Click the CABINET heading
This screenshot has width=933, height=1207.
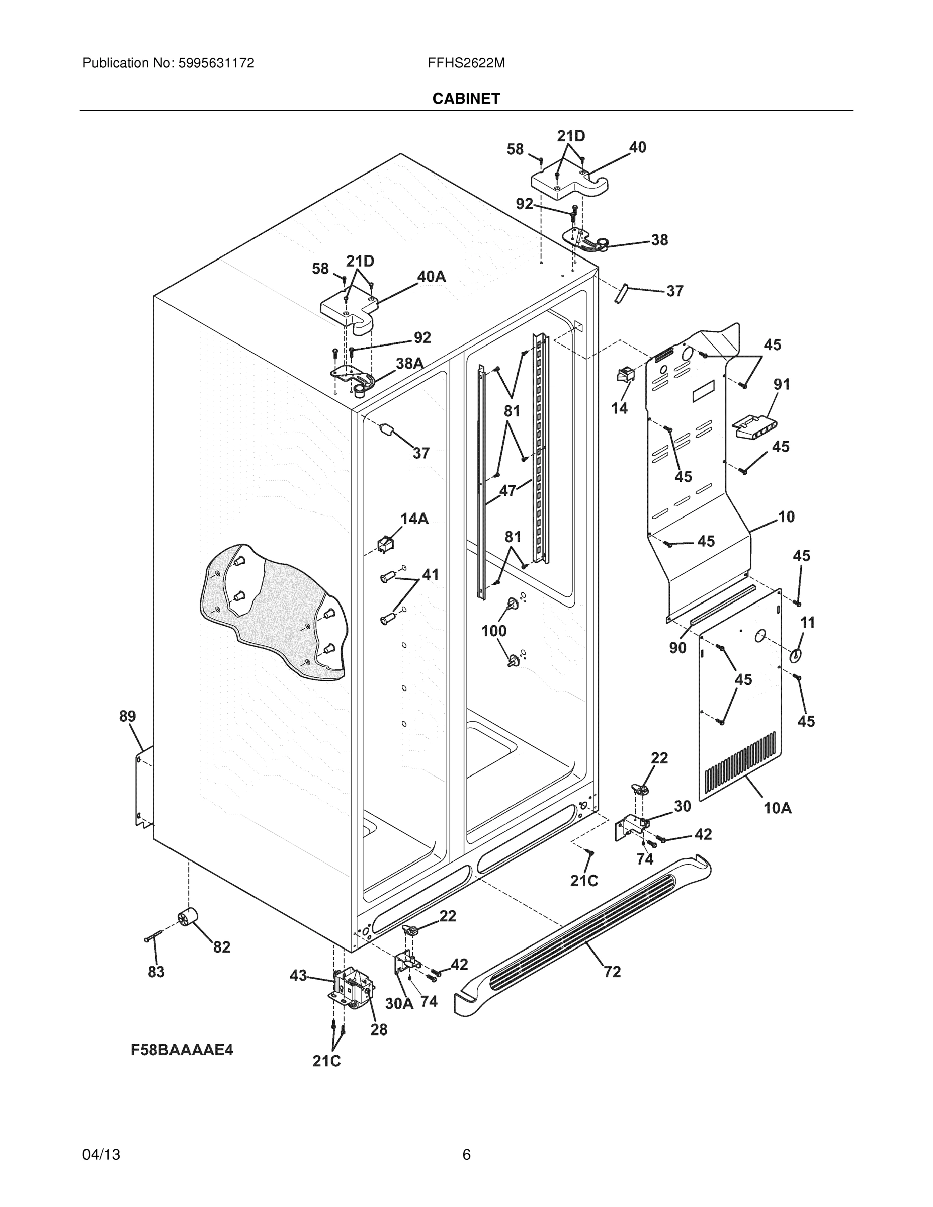click(x=466, y=99)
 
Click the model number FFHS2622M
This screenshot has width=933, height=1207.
click(x=466, y=63)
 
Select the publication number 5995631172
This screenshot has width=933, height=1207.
click(x=216, y=63)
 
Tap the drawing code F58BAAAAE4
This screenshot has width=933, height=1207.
click(x=182, y=1050)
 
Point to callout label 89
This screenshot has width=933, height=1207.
click(x=127, y=716)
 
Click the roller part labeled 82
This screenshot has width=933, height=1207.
click(x=188, y=918)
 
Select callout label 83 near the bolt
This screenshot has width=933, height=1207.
click(x=156, y=972)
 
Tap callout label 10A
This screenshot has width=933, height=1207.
click(x=777, y=808)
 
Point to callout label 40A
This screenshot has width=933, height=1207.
click(x=431, y=276)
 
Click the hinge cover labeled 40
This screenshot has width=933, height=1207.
click(x=569, y=183)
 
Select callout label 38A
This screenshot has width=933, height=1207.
click(x=409, y=363)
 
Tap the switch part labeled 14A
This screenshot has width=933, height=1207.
click(x=384, y=544)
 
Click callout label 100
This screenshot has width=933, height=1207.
click(x=493, y=631)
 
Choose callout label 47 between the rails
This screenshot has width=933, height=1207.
click(x=507, y=490)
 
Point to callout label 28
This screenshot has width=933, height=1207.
click(x=379, y=1029)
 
